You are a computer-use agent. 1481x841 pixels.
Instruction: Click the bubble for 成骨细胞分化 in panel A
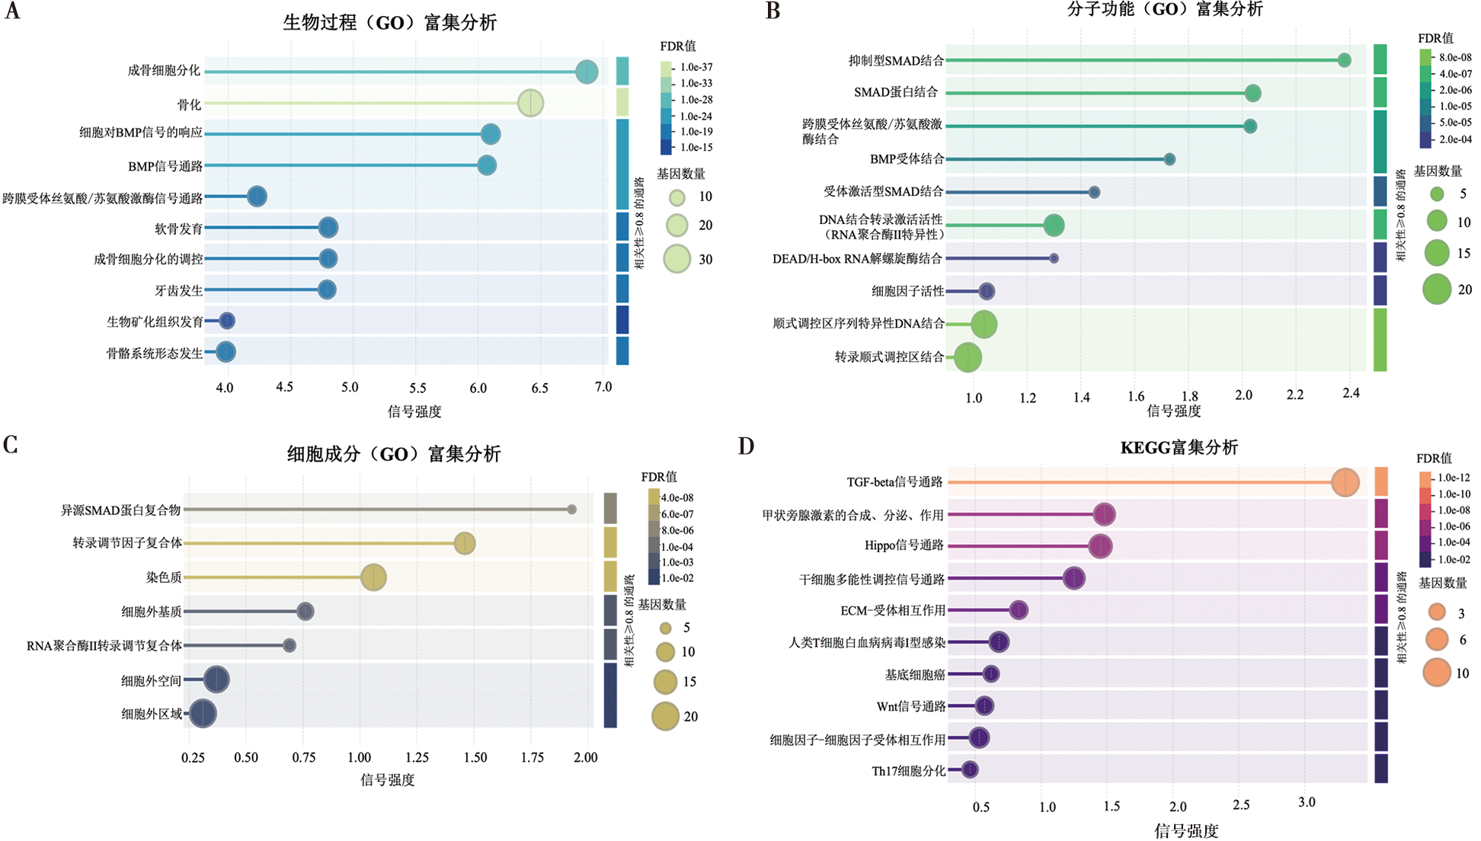tap(587, 72)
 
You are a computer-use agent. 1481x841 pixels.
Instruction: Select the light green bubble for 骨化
tap(530, 103)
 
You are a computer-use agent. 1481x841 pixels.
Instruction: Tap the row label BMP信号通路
tap(165, 166)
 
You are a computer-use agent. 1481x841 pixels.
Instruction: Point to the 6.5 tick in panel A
tap(539, 388)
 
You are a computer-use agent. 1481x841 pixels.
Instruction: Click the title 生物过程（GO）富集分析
tap(389, 22)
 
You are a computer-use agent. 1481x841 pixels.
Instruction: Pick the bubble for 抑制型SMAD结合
tap(1344, 60)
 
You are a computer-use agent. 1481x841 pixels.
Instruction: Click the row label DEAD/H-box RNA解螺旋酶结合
tap(857, 259)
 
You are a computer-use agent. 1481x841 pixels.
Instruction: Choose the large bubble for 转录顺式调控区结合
tap(968, 357)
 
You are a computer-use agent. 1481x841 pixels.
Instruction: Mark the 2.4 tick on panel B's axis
tap(1351, 394)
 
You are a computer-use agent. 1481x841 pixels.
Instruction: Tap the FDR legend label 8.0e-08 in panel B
tap(1455, 57)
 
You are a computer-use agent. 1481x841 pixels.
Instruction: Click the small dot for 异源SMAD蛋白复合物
tap(571, 510)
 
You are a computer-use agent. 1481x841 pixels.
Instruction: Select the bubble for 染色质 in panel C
tap(373, 577)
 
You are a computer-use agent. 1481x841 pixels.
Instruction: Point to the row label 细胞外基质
tap(152, 612)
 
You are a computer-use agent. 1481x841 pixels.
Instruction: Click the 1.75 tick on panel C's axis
tap(532, 757)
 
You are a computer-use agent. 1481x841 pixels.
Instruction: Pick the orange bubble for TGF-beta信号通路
tap(1345, 482)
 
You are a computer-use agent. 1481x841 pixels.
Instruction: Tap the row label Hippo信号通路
tap(904, 545)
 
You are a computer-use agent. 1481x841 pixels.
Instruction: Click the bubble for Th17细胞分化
tap(969, 770)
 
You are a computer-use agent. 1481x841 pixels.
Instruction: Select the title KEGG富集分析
tap(1179, 448)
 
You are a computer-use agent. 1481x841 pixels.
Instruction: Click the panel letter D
tap(746, 446)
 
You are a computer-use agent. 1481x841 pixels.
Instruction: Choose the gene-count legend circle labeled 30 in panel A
tap(677, 259)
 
